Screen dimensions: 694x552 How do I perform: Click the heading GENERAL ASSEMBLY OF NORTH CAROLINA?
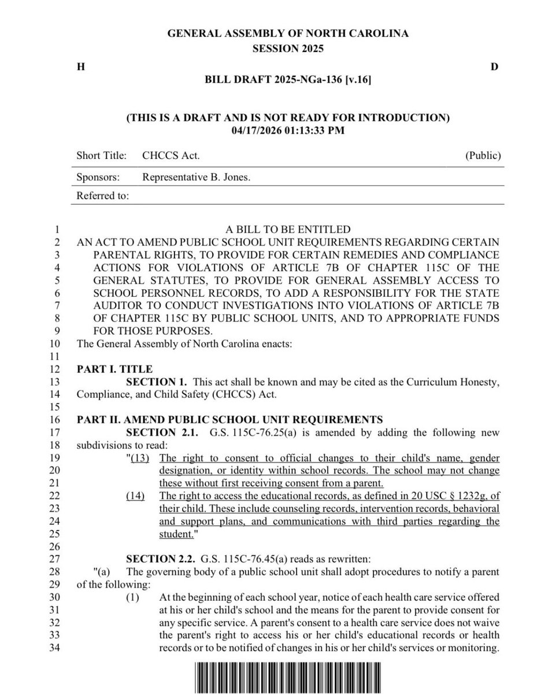tap(288, 34)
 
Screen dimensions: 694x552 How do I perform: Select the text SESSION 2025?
tap(288, 49)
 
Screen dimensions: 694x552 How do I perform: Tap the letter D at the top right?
tap(494, 67)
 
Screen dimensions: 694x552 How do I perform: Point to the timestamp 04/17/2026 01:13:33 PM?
tap(288, 131)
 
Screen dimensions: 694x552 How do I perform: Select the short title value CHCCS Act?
tap(171, 156)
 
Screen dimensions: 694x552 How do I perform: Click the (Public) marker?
tap(483, 156)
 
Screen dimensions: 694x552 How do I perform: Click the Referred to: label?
tap(103, 196)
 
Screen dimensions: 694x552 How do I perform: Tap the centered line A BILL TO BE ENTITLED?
tap(288, 230)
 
